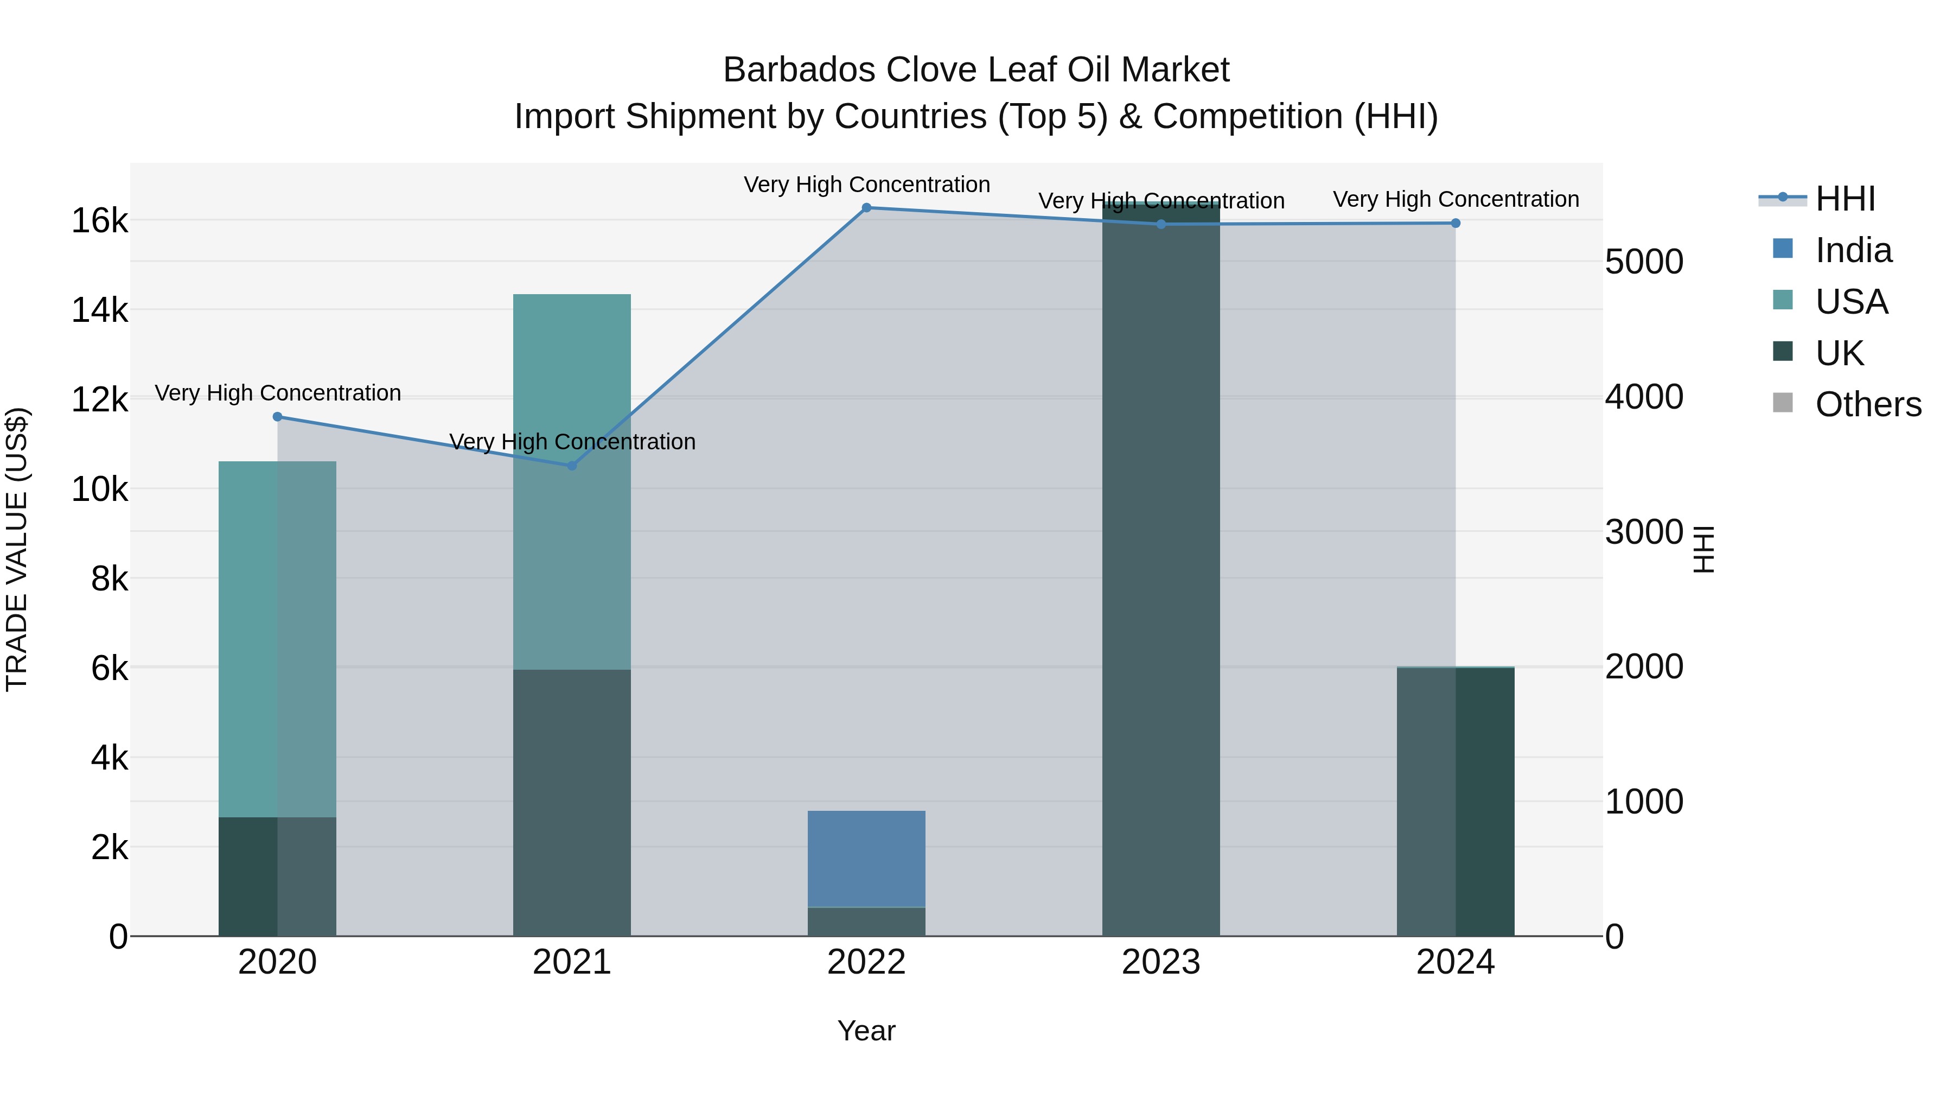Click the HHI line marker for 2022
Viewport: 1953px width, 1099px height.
tap(866, 208)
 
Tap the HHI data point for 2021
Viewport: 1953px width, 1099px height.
tap(572, 466)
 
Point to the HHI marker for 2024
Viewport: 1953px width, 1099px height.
tap(1456, 223)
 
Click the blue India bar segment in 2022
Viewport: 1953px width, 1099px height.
tap(866, 859)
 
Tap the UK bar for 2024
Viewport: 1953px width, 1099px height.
tap(1456, 801)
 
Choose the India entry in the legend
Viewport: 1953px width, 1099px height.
tap(1853, 250)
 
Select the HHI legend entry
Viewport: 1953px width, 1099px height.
tap(1844, 199)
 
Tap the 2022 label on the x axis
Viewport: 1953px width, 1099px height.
tap(866, 962)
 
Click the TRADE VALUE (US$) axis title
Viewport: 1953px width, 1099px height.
tap(17, 549)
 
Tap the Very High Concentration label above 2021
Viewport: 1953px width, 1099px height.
tap(572, 441)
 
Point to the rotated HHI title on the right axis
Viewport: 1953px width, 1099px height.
tap(1703, 549)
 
